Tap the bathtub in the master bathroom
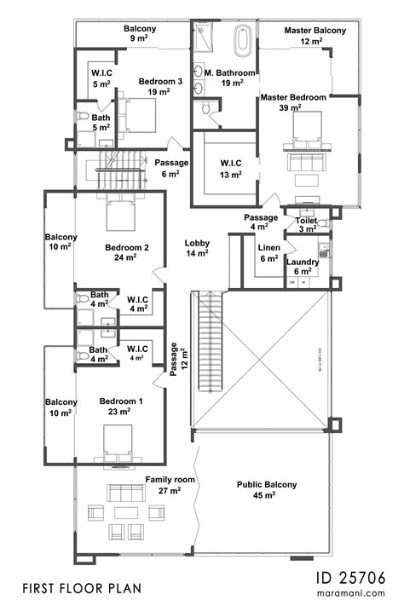point(243,39)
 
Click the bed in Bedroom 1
point(115,442)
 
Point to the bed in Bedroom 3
point(141,114)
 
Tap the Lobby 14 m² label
point(197,248)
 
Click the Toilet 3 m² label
point(306,224)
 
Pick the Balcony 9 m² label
point(140,33)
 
